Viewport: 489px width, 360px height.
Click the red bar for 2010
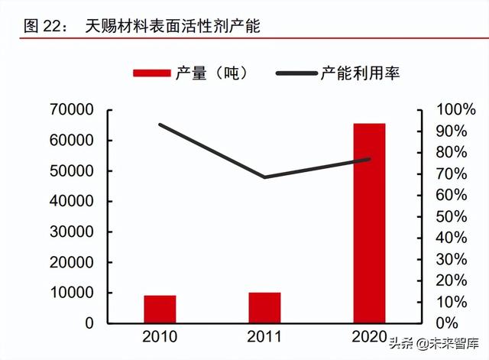tap(160, 309)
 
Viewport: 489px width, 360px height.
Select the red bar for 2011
tap(264, 307)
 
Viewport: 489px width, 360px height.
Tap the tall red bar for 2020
tap(369, 222)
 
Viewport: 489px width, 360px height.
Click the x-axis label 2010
tap(160, 337)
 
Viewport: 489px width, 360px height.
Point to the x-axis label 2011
tap(264, 337)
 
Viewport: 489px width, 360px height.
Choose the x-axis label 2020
tap(369, 337)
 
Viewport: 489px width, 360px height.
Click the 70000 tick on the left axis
tap(73, 110)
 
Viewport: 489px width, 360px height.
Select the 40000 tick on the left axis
tap(73, 202)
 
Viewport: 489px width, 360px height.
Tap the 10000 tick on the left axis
tap(73, 293)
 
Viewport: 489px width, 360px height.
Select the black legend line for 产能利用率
tap(295, 73)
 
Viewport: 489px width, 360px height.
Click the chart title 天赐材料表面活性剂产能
tap(173, 26)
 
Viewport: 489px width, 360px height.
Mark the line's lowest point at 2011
tap(264, 177)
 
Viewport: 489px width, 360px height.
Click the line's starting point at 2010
tap(160, 125)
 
